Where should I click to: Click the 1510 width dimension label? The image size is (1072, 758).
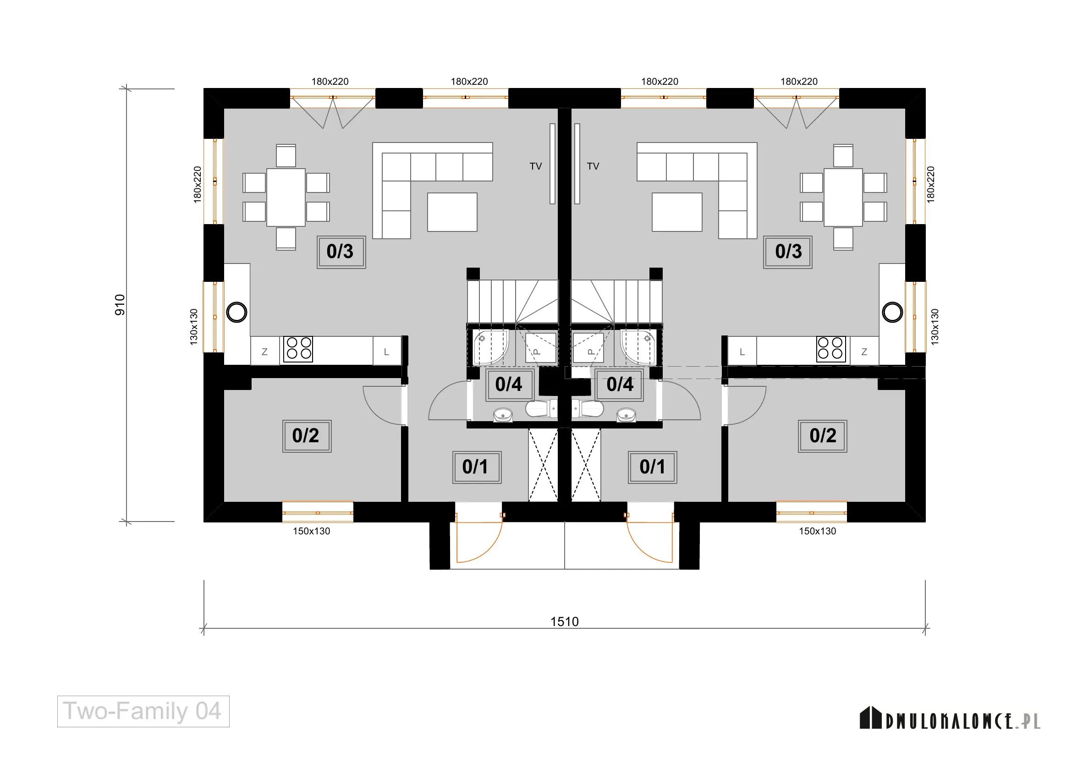tap(565, 622)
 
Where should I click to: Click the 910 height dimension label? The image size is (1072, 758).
tap(120, 305)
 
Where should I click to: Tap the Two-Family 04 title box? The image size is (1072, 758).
tap(143, 711)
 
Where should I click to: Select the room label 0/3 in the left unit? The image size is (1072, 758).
tap(341, 252)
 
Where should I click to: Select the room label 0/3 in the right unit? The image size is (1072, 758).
tap(788, 252)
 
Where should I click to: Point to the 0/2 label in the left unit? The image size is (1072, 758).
tap(307, 436)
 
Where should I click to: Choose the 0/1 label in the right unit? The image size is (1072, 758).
tap(652, 467)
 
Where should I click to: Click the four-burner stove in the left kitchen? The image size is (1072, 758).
tap(298, 349)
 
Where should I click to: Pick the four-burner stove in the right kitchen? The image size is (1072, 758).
tap(830, 349)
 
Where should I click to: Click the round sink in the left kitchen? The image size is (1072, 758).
tap(236, 312)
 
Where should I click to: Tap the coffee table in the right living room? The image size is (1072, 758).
tap(677, 212)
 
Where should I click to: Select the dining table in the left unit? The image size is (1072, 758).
tap(286, 198)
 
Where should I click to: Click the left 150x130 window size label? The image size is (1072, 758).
tap(311, 531)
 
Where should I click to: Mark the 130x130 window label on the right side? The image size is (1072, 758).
tap(934, 327)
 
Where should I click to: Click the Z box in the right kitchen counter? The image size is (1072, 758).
tap(864, 352)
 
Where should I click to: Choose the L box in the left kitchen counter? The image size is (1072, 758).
tap(387, 352)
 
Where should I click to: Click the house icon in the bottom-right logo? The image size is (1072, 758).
tap(870, 717)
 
